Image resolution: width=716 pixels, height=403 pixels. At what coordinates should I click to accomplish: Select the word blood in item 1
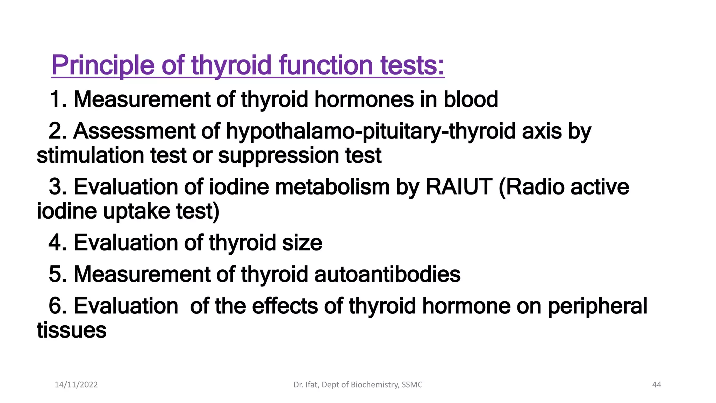click(x=471, y=99)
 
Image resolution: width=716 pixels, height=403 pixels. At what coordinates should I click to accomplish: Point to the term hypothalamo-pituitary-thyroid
click(x=371, y=131)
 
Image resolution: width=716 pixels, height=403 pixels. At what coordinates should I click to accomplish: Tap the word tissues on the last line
click(x=72, y=330)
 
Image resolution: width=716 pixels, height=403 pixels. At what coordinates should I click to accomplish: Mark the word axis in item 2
click(x=542, y=131)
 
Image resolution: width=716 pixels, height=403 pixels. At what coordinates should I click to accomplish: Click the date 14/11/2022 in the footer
click(x=76, y=385)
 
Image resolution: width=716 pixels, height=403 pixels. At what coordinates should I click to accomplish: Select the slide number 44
click(x=657, y=385)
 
